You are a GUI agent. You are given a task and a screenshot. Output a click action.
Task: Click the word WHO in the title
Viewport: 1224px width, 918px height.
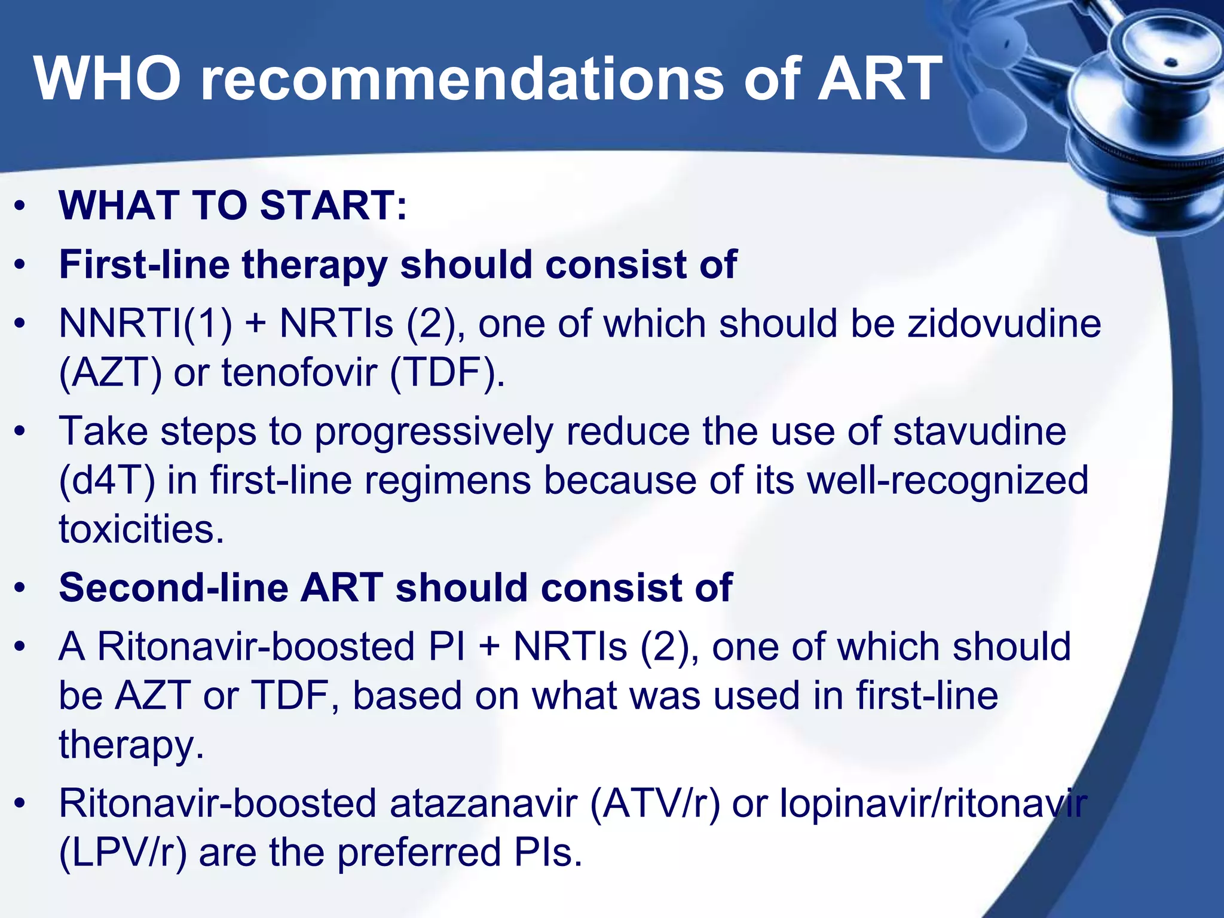tap(108, 79)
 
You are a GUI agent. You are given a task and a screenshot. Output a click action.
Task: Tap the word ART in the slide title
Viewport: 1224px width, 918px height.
tap(879, 79)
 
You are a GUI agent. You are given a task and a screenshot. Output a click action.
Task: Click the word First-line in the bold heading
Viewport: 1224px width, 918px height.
tap(144, 264)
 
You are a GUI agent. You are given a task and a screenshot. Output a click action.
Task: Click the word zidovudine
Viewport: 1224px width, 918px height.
tap(1004, 324)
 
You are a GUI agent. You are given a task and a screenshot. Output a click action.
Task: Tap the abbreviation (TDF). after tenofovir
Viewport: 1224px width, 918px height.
tap(448, 373)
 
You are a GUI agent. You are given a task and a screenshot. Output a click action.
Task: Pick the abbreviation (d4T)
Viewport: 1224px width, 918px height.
tap(107, 481)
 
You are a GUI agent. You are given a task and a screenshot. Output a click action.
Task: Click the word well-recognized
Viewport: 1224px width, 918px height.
tap(947, 481)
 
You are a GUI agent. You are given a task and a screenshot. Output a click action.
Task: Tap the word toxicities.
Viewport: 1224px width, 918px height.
tap(142, 530)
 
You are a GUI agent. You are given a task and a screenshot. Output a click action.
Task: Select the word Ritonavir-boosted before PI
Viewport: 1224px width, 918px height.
tap(256, 647)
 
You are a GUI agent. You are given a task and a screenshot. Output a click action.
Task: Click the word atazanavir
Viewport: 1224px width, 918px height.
tap(484, 803)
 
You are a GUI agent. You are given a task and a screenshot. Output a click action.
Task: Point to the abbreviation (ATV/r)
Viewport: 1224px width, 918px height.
tap(655, 803)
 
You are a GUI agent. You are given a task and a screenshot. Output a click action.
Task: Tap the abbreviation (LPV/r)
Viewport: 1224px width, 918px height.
tap(123, 852)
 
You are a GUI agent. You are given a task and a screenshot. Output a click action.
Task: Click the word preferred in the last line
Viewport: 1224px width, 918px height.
tap(419, 852)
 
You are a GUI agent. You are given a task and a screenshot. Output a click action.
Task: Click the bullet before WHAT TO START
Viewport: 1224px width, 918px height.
tap(21, 206)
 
